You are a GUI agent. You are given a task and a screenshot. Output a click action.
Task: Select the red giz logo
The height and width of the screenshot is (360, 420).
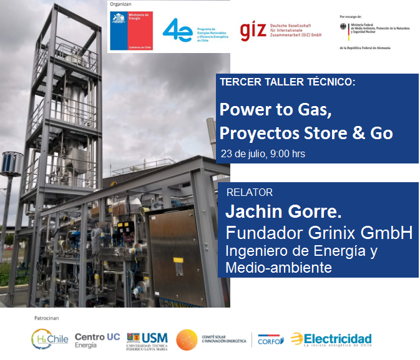click(253, 31)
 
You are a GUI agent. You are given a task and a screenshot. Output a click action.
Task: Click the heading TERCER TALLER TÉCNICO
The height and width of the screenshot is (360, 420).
click(287, 82)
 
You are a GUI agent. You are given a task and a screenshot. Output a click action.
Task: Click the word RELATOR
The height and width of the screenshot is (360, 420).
click(250, 192)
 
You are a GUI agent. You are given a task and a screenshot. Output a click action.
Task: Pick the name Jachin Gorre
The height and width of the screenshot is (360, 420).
click(283, 212)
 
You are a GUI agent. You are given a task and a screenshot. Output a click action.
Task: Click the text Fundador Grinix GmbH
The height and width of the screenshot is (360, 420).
click(319, 233)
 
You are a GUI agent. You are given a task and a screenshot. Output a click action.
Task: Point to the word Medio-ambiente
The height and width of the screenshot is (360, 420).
click(278, 268)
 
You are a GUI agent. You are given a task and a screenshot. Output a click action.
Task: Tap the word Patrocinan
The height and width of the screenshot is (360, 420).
click(46, 318)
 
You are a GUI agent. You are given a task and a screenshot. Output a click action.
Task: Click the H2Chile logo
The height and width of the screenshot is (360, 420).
click(49, 339)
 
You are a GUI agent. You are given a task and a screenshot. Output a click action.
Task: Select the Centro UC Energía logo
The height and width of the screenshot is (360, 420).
click(97, 340)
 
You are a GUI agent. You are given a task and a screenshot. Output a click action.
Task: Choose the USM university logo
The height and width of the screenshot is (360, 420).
click(147, 340)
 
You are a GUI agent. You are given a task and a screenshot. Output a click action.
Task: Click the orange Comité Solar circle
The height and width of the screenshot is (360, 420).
click(187, 340)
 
